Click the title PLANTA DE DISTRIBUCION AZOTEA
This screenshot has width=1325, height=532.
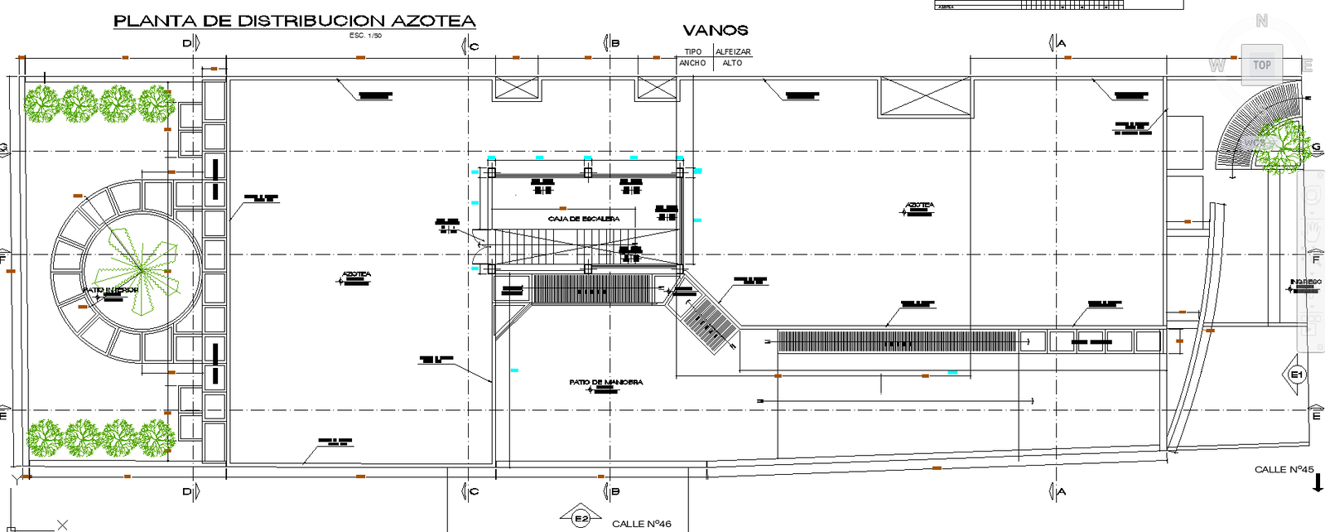294,21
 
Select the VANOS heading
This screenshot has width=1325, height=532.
715,31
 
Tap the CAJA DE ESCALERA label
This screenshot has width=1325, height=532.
583,219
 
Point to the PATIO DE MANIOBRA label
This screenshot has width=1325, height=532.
605,382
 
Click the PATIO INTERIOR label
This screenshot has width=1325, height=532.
109,290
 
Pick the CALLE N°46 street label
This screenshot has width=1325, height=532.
641,524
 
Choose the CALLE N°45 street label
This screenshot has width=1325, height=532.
1284,469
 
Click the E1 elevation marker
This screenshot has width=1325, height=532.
1297,375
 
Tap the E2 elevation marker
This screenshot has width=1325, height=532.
581,519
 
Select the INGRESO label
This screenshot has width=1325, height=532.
1305,283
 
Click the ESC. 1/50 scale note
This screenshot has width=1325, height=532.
365,36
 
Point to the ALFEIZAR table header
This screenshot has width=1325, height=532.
733,51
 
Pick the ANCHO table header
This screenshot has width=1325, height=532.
692,63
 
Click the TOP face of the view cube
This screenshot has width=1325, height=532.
1261,65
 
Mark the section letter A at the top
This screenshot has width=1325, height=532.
1062,43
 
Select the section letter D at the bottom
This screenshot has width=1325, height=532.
187,492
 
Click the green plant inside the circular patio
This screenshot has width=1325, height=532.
141,269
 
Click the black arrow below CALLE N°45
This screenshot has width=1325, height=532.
1318,483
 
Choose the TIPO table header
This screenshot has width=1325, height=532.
693,51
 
